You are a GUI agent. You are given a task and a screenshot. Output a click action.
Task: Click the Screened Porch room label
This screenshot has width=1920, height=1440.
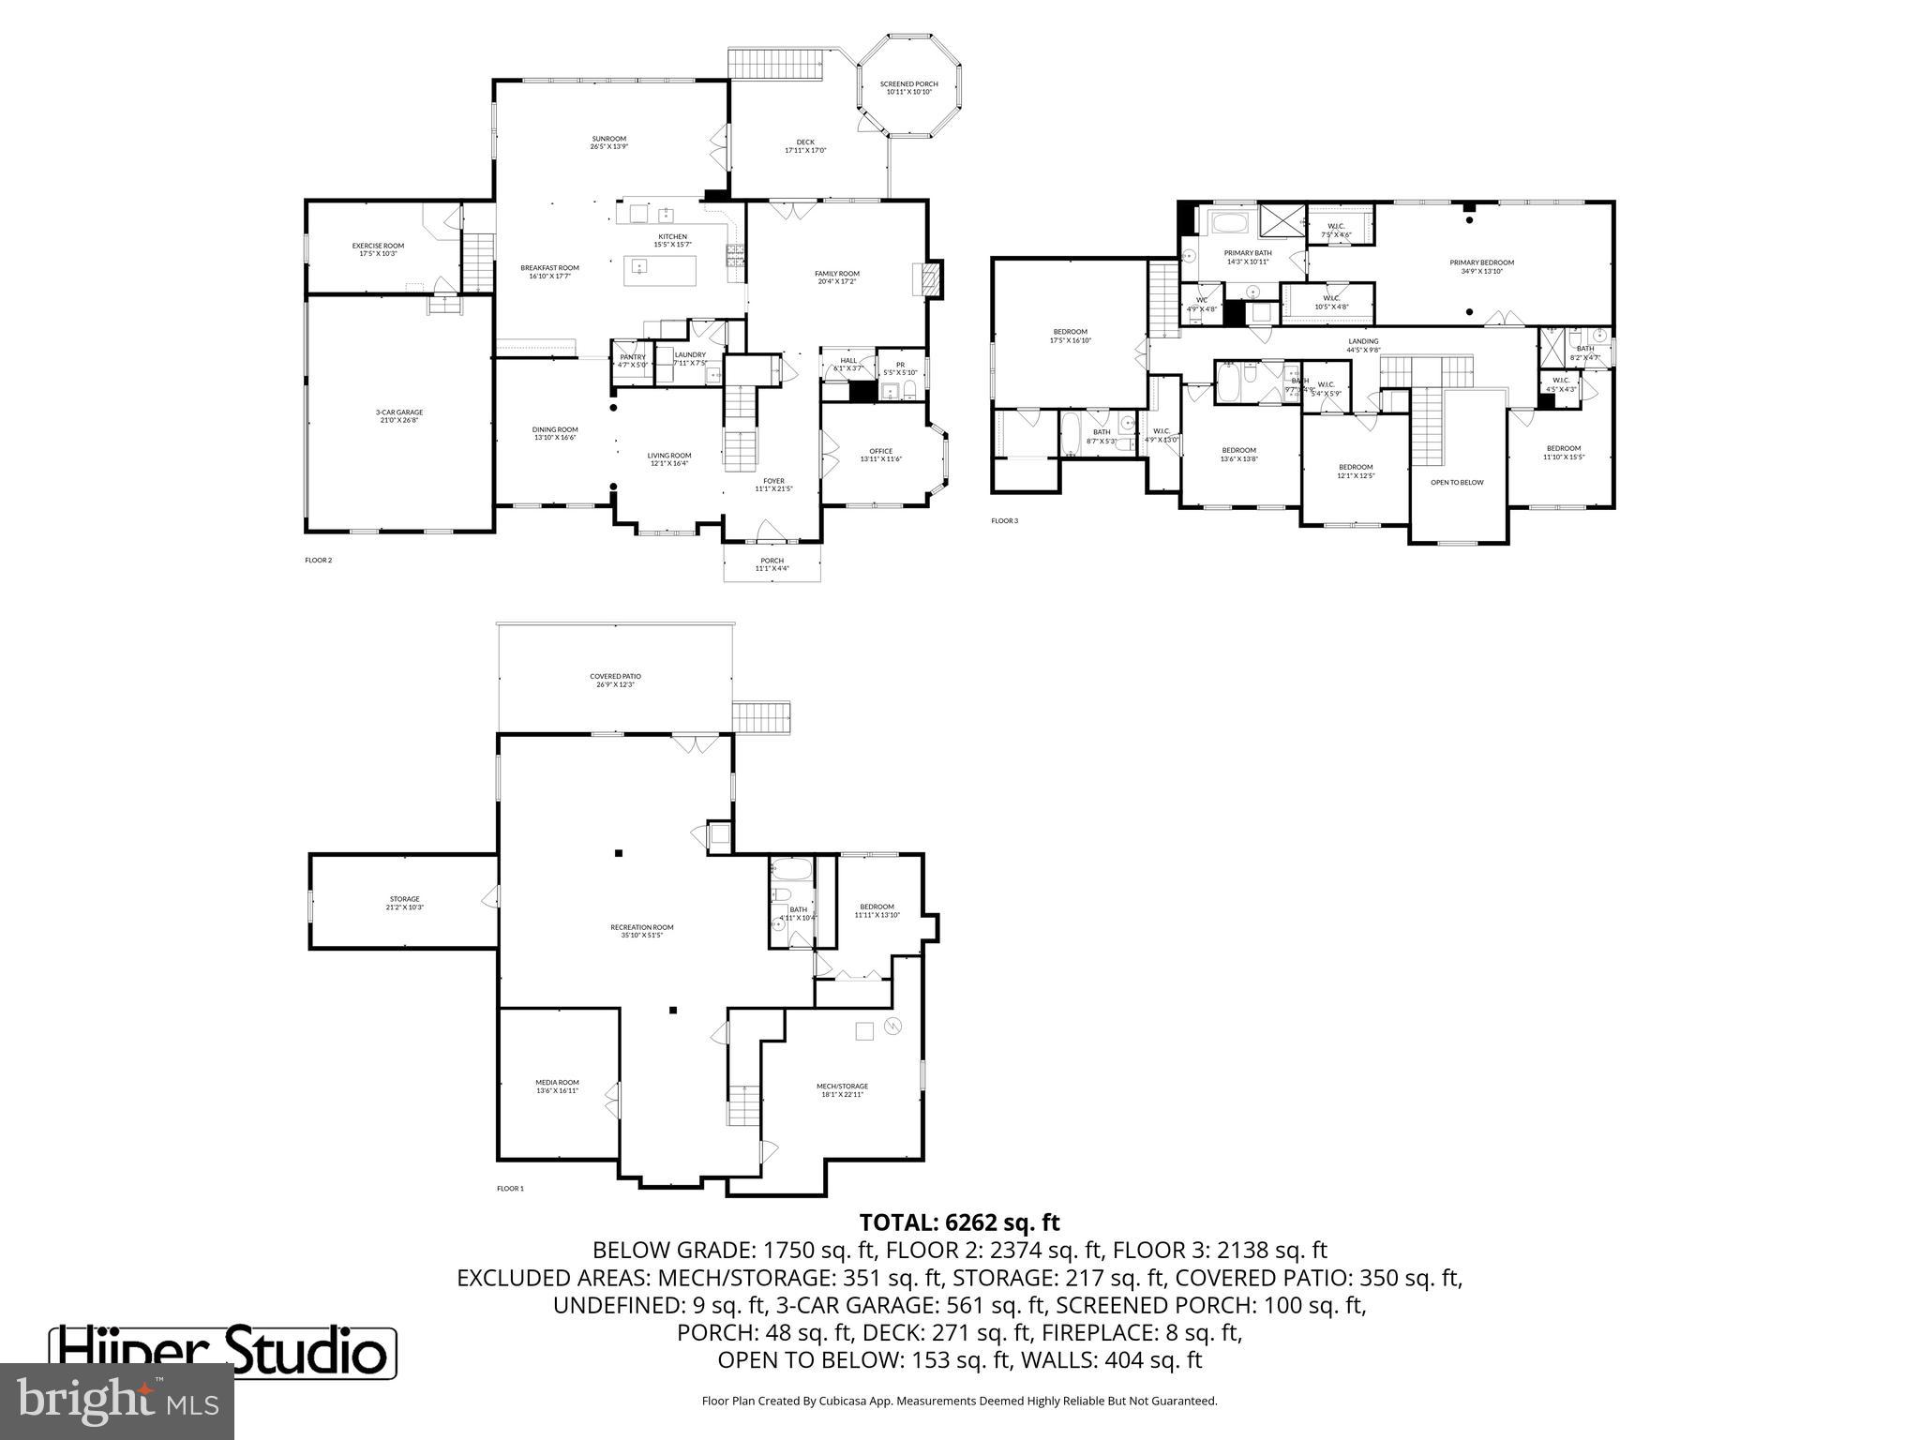pyautogui.click(x=908, y=88)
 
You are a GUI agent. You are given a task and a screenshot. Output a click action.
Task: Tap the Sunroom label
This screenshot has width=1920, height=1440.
pyautogui.click(x=608, y=142)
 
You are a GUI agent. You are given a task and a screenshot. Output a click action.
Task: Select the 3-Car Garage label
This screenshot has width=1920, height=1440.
pyautogui.click(x=399, y=416)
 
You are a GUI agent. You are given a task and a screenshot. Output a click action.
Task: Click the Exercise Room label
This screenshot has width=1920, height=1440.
pyautogui.click(x=378, y=249)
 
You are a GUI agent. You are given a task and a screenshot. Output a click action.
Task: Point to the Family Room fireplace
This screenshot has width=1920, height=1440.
pyautogui.click(x=929, y=278)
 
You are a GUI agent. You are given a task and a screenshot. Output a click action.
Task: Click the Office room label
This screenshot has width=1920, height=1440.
pyautogui.click(x=880, y=455)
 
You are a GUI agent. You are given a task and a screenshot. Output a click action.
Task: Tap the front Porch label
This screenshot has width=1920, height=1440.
pyautogui.click(x=772, y=564)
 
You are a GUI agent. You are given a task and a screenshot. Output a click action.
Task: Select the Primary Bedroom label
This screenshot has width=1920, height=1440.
pyautogui.click(x=1481, y=267)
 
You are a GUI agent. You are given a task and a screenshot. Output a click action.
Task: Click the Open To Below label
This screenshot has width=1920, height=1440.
pyautogui.click(x=1457, y=483)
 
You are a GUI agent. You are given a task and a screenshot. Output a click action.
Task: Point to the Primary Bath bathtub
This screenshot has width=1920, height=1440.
pyautogui.click(x=1228, y=225)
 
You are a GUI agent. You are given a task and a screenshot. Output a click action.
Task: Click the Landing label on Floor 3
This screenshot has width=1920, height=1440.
pyautogui.click(x=1363, y=345)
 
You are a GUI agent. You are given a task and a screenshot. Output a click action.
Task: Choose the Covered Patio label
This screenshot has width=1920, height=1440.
pyautogui.click(x=615, y=680)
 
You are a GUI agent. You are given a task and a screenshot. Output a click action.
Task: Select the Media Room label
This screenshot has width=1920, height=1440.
pyautogui.click(x=557, y=1087)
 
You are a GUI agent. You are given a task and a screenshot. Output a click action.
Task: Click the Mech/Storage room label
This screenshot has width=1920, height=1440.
pyautogui.click(x=842, y=1090)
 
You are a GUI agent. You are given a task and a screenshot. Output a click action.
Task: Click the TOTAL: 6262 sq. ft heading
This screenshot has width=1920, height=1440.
pyautogui.click(x=959, y=1222)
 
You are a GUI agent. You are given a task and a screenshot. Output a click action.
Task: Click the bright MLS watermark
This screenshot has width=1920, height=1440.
pyautogui.click(x=116, y=1401)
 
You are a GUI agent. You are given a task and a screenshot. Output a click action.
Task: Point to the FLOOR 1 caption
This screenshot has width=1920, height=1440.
pyautogui.click(x=510, y=1189)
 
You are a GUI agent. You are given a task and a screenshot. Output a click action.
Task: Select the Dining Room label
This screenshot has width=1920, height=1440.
pyautogui.click(x=555, y=433)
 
